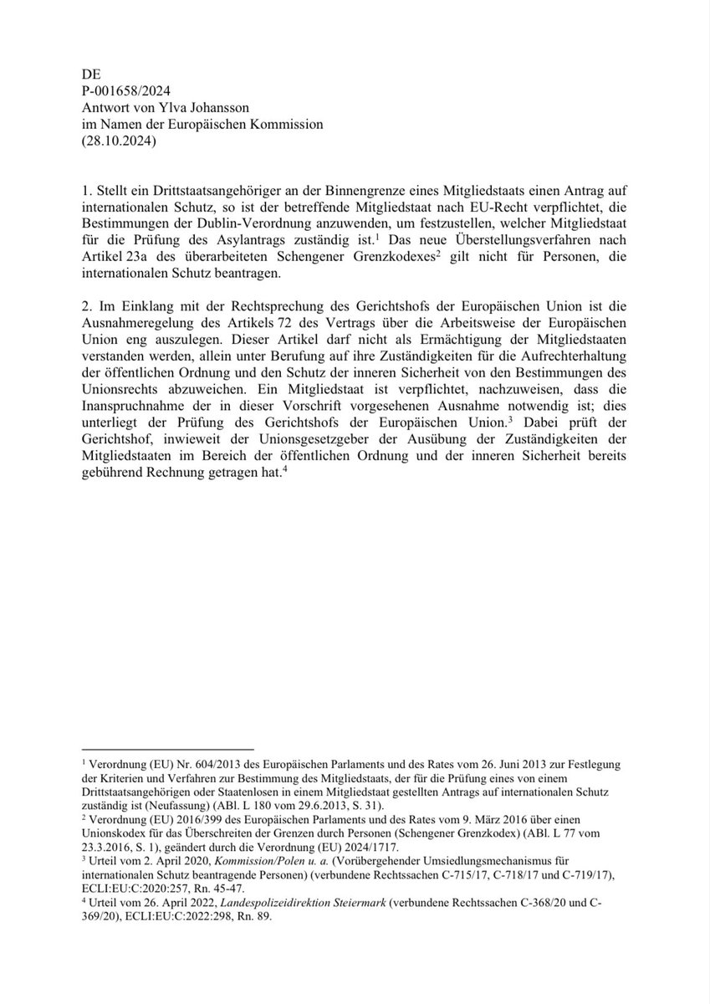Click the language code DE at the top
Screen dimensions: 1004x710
click(90, 73)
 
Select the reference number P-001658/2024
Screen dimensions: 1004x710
click(130, 90)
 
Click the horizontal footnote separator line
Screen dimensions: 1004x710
click(167, 749)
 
